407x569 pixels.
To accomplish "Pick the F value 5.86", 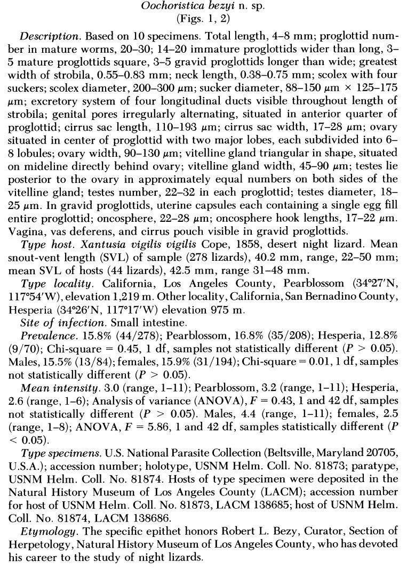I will pyautogui.click(x=141, y=426).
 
